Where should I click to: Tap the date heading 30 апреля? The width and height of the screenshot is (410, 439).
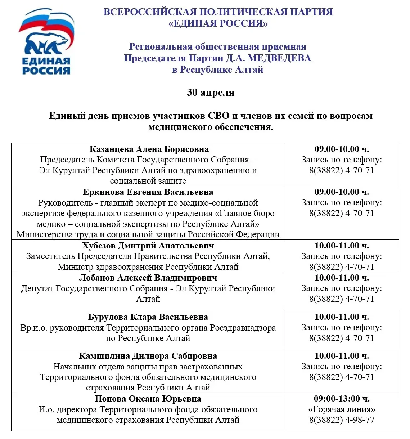click(211, 93)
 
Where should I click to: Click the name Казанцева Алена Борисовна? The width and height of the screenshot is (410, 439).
click(149, 149)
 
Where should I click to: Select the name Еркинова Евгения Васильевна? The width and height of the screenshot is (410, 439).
click(148, 192)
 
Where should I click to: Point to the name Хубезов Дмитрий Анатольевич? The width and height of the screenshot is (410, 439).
click(148, 246)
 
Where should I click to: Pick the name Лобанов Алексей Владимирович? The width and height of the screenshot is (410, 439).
click(148, 278)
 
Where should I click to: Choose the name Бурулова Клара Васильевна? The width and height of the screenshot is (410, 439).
click(148, 317)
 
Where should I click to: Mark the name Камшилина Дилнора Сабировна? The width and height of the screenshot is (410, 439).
click(148, 356)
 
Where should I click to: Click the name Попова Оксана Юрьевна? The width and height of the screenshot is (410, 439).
click(148, 399)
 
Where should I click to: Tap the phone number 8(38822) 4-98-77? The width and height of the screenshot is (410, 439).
click(342, 420)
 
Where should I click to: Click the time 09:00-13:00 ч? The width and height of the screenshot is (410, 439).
click(342, 399)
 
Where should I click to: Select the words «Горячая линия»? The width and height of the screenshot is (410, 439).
click(342, 409)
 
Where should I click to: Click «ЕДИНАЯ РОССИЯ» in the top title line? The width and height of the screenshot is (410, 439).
click(218, 23)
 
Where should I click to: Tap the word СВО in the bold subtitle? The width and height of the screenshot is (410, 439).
click(218, 116)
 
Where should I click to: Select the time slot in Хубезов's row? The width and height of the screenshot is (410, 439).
click(342, 246)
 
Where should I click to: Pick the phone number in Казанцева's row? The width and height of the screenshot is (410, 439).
click(342, 170)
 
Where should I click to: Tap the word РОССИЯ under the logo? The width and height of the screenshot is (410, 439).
click(46, 70)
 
